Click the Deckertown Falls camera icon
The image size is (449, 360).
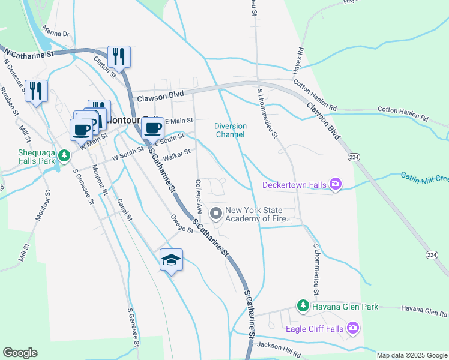point(336,185)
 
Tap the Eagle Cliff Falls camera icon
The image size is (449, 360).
point(354,328)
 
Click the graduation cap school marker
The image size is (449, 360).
point(171,260)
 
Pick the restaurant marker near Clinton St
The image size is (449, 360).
point(119,57)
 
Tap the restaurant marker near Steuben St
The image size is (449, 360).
point(36,91)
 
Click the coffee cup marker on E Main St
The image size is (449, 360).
point(153,128)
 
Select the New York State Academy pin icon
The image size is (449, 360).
point(215,213)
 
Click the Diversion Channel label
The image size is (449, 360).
point(231,130)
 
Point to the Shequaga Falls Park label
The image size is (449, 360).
point(28,157)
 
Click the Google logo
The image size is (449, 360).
point(20,353)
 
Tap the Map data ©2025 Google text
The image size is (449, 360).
point(412,355)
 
